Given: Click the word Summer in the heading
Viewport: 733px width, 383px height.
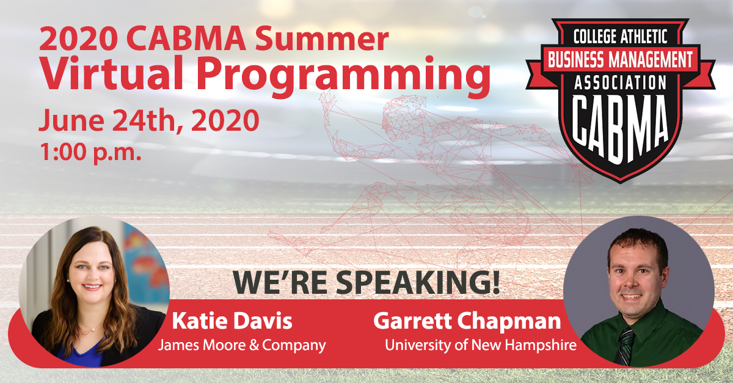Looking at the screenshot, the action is pyautogui.click(x=322, y=38).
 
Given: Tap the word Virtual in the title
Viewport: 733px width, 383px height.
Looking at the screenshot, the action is pyautogui.click(x=111, y=73).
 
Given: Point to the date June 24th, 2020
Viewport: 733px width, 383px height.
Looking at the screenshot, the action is pyautogui.click(x=149, y=121).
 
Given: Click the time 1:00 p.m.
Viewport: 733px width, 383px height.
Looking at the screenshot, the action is pyautogui.click(x=90, y=153).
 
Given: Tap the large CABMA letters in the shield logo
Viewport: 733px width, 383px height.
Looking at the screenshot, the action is pyautogui.click(x=620, y=128).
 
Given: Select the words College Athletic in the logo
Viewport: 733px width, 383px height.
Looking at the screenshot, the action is pyautogui.click(x=621, y=37).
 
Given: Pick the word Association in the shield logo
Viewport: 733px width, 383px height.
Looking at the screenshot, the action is pyautogui.click(x=621, y=82).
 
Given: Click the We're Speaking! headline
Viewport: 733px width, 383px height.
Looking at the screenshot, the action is pyautogui.click(x=366, y=282).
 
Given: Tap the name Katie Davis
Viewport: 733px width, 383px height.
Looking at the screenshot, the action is pyautogui.click(x=232, y=321).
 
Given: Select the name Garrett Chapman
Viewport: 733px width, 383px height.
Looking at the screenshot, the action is pyautogui.click(x=467, y=321).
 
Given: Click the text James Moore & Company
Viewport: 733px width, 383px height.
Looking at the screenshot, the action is pyautogui.click(x=242, y=345).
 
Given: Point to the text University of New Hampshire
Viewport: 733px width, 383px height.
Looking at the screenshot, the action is pyautogui.click(x=481, y=345).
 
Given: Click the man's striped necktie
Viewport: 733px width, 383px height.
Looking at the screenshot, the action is pyautogui.click(x=625, y=347).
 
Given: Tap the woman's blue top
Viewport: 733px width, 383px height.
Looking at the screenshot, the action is pyautogui.click(x=82, y=355).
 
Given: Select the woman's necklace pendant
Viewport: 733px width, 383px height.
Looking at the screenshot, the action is pyautogui.click(x=93, y=329).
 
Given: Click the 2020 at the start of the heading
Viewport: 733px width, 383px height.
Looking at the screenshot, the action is pyautogui.click(x=78, y=38).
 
